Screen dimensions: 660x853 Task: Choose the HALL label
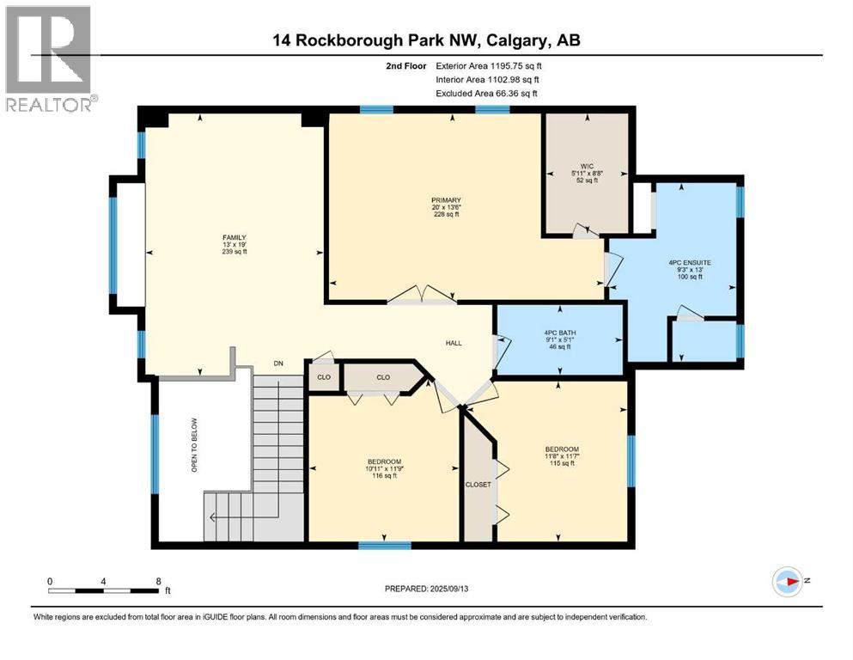(454, 343)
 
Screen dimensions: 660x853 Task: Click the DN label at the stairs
(277, 364)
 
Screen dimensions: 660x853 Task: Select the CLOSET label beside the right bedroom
(478, 484)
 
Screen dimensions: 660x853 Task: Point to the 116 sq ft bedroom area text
(384, 476)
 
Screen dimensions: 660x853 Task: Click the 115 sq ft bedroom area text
(562, 464)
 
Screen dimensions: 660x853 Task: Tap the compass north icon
(787, 582)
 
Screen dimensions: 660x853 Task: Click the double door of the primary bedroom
(421, 296)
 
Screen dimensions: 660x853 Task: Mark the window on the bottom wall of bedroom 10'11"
(384, 544)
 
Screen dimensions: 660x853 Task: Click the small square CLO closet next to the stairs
(322, 377)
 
